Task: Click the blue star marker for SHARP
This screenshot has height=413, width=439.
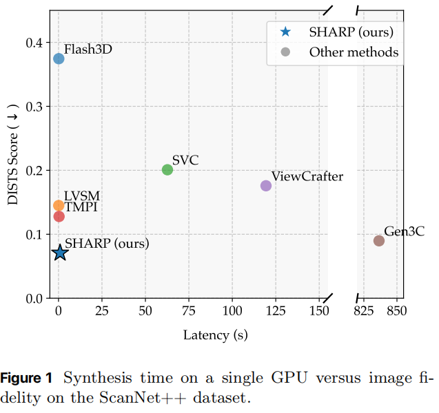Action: (60, 253)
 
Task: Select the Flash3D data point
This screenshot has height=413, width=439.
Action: (59, 59)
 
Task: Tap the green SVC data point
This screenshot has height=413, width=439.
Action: (167, 169)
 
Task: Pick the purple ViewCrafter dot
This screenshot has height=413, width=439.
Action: (266, 186)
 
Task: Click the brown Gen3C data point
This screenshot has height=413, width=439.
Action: (379, 240)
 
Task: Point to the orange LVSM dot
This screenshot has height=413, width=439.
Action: (59, 205)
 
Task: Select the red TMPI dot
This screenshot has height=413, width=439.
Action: (59, 216)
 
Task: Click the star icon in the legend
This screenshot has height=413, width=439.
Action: (285, 32)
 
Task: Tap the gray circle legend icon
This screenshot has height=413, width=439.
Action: (285, 52)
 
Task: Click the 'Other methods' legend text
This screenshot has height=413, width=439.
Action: (354, 52)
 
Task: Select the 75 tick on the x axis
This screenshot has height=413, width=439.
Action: (189, 311)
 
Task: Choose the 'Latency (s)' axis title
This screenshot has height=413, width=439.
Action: (215, 335)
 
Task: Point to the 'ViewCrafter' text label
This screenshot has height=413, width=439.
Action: (307, 177)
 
